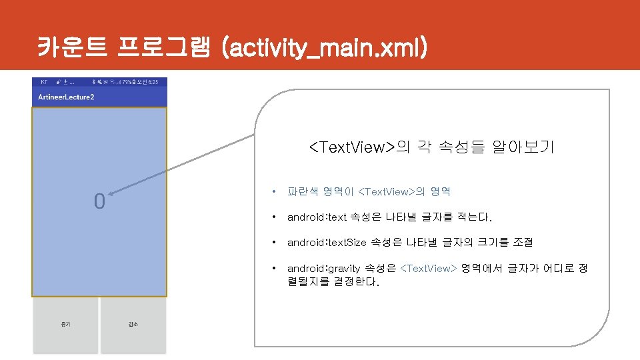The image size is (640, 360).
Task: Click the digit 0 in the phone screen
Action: tap(99, 201)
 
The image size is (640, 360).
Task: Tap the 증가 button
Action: tap(65, 325)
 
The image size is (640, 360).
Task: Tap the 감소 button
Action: tap(133, 325)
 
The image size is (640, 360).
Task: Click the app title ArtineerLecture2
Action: tap(66, 97)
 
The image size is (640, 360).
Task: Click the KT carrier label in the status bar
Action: tap(44, 82)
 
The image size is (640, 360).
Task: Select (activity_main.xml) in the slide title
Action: tap(325, 47)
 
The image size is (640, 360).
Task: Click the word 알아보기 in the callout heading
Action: tap(523, 147)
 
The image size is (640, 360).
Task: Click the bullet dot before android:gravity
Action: tap(273, 268)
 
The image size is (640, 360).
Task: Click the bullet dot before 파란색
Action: tap(273, 192)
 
